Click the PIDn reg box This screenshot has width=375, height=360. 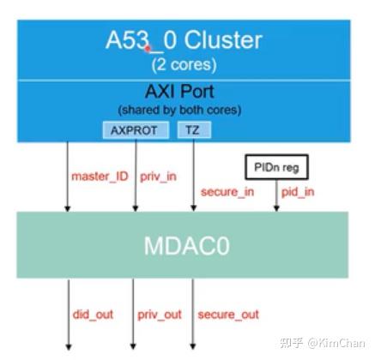coord(275,166)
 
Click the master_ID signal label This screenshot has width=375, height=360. coord(99,177)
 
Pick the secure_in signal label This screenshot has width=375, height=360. coord(226,191)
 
